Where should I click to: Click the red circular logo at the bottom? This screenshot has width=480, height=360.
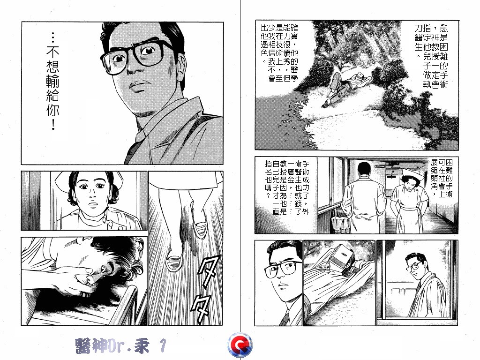pyautogui.click(x=240, y=345)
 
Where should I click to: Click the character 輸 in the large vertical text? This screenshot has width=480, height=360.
pyautogui.click(x=52, y=82)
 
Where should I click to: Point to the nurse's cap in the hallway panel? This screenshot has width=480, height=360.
pyautogui.click(x=412, y=173)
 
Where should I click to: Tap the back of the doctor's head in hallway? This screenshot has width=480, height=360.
pyautogui.click(x=364, y=169)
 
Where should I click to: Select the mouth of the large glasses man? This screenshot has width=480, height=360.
pyautogui.click(x=140, y=86)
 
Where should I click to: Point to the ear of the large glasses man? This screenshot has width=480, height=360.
pyautogui.click(x=180, y=65)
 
